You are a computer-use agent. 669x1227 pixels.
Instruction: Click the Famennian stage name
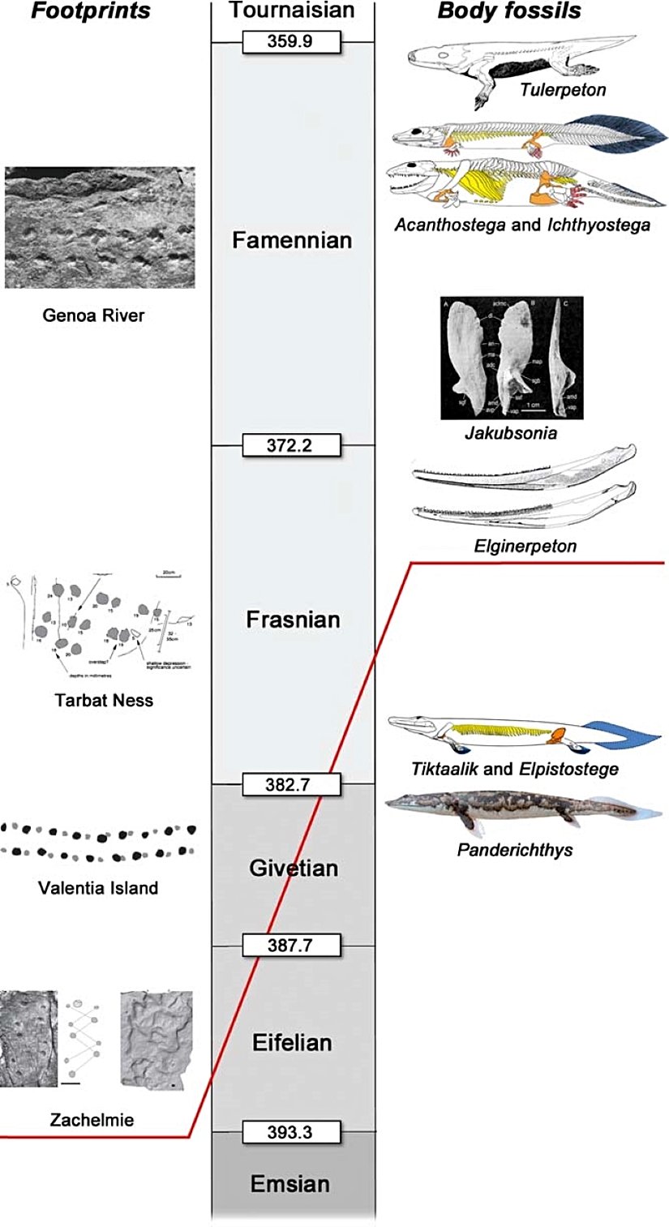292,241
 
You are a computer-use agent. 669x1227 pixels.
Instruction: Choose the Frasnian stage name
292,620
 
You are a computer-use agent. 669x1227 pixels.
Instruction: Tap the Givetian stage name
292,869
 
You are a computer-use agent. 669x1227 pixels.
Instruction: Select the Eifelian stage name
292,1041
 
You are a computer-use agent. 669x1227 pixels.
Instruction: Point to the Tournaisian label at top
292,11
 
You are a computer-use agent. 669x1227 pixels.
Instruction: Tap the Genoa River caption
93,315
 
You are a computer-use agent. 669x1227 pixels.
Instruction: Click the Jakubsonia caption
511,433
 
